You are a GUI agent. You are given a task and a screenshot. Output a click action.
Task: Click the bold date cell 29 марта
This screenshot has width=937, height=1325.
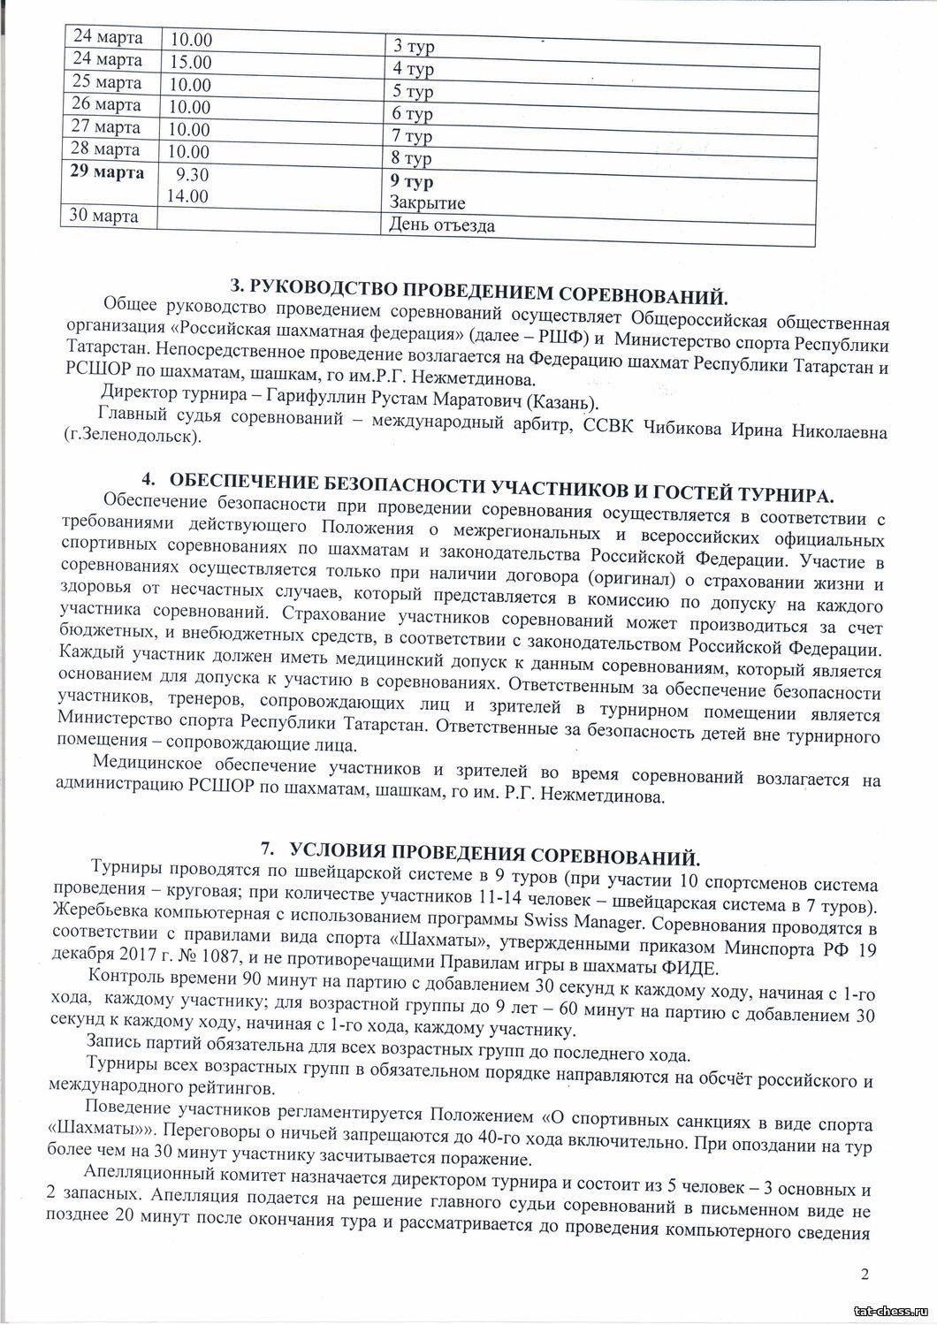pyautogui.click(x=107, y=172)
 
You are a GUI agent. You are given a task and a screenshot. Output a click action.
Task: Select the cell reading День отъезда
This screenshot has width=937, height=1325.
pyautogui.click(x=442, y=225)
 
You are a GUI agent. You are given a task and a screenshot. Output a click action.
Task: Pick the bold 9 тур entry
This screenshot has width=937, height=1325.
pyautogui.click(x=412, y=182)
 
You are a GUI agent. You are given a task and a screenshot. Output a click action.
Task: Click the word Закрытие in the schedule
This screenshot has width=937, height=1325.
pyautogui.click(x=428, y=203)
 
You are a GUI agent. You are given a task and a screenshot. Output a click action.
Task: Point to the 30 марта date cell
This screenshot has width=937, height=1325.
pyautogui.click(x=103, y=215)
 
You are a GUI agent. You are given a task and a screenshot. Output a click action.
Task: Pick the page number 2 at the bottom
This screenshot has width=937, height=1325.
pyautogui.click(x=865, y=1274)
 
